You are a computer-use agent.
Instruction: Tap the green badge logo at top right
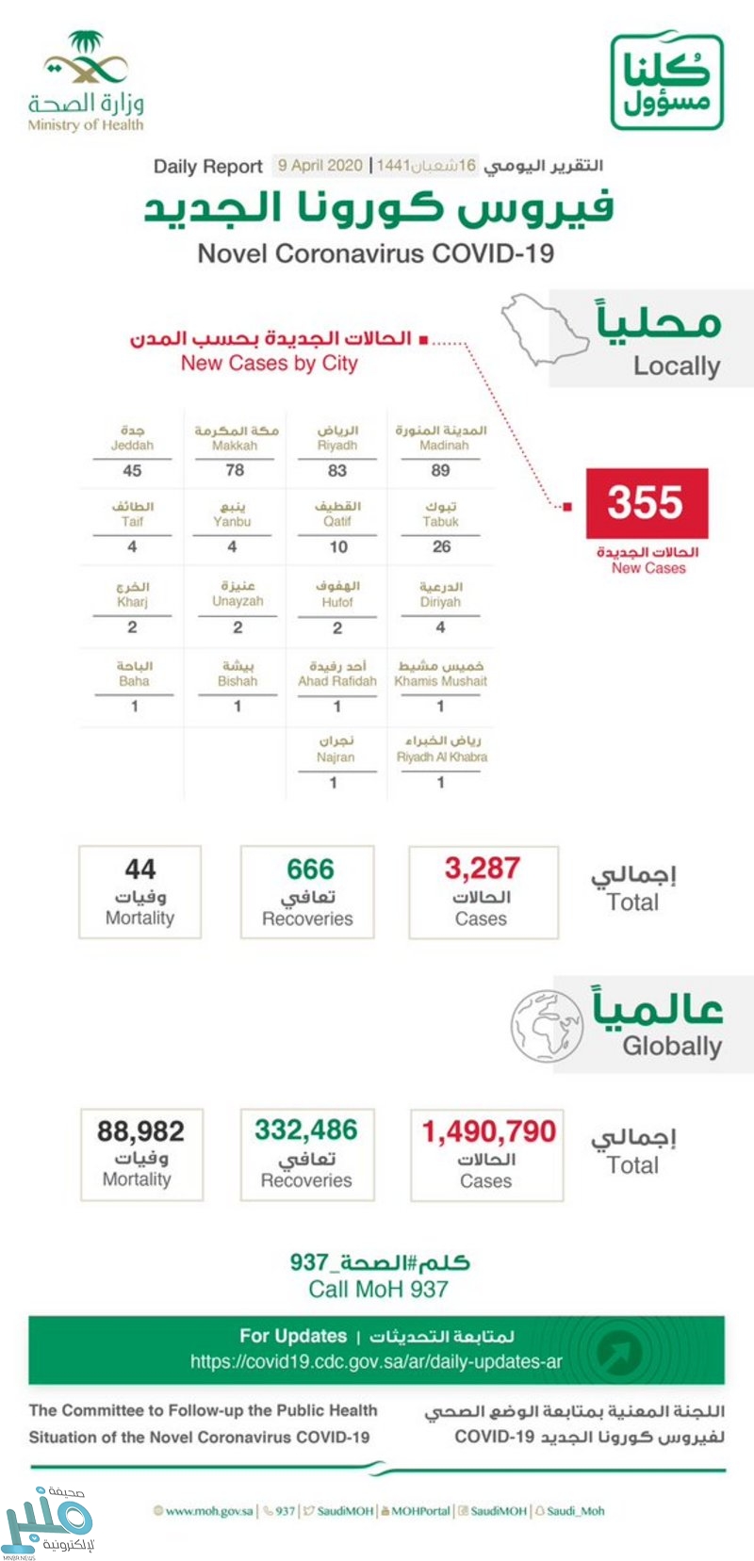(x=666, y=82)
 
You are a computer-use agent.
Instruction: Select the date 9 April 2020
(x=320, y=166)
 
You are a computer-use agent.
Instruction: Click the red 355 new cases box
(x=646, y=502)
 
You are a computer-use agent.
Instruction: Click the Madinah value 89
(x=440, y=469)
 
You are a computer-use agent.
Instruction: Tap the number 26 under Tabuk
(x=440, y=546)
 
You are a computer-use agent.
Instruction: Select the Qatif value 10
(x=337, y=546)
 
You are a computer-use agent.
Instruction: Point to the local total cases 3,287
(x=482, y=868)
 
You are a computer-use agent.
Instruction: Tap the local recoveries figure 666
(x=310, y=869)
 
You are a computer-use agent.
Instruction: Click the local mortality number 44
(x=140, y=869)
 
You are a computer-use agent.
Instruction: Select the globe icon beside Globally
(x=546, y=1025)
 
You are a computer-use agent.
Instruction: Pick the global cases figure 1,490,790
(x=488, y=1130)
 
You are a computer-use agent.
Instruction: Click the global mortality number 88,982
(x=140, y=1130)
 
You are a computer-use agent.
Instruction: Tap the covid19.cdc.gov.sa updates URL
(x=376, y=1361)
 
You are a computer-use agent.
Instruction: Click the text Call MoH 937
(x=378, y=1289)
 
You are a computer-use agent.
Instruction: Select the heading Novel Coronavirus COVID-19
(x=375, y=253)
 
